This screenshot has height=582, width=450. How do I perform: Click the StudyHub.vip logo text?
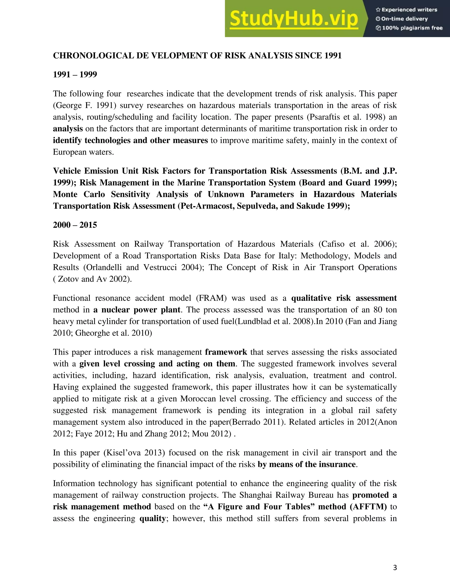coord(294,19)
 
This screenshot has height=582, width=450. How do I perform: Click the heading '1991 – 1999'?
coord(75,75)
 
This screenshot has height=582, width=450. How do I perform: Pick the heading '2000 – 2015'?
coord(75,225)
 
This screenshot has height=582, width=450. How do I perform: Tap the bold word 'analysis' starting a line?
coord(68,129)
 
